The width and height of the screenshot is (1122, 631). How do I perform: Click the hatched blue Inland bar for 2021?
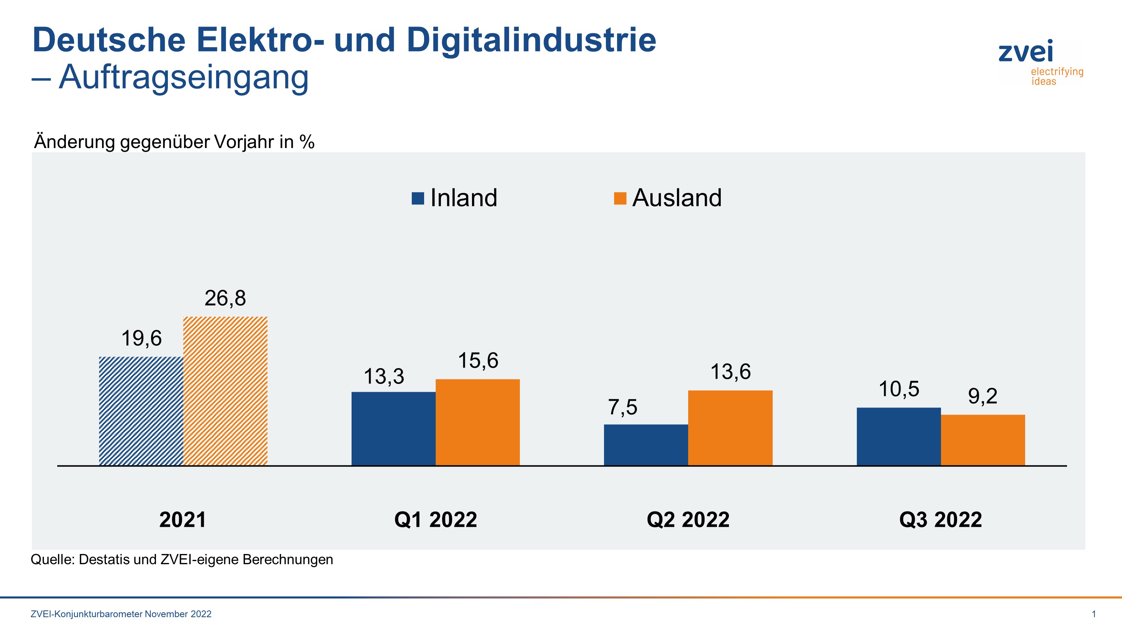click(141, 411)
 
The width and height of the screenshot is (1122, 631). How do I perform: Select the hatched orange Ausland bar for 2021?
click(225, 391)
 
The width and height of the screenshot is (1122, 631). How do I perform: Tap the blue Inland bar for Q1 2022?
click(393, 428)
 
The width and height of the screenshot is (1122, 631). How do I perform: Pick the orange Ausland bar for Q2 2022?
click(730, 428)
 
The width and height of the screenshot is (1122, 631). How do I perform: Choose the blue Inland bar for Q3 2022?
click(899, 436)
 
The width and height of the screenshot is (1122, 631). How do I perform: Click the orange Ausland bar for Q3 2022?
click(982, 440)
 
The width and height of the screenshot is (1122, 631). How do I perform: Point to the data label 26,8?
click(225, 299)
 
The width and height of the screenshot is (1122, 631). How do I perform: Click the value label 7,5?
click(622, 407)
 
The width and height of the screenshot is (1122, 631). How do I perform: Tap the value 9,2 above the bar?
click(982, 396)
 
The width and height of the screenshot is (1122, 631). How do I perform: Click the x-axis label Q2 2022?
click(688, 520)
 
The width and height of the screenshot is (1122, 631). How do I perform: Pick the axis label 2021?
click(183, 520)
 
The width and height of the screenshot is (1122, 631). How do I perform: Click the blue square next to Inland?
click(418, 198)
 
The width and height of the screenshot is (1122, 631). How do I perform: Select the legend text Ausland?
click(677, 198)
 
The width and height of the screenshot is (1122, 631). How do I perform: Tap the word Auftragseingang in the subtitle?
click(183, 77)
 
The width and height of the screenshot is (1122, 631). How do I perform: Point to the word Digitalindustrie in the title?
click(531, 40)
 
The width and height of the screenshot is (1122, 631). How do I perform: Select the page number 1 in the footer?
click(1093, 614)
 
